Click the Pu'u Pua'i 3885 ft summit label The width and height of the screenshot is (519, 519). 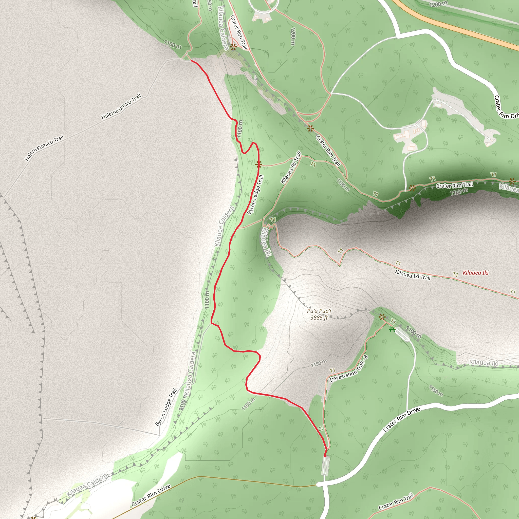click(319, 314)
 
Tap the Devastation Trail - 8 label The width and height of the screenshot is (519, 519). click(349, 368)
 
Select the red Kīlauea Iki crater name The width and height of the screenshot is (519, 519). click(475, 273)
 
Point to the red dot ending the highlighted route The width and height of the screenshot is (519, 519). click(325, 456)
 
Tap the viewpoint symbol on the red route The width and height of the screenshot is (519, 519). click(258, 164)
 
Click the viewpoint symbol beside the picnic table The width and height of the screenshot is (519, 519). click(382, 317)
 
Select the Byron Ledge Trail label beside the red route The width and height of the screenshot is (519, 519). click(255, 195)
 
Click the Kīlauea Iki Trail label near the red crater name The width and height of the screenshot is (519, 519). click(413, 275)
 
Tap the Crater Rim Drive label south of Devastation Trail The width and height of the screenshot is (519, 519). click(401, 420)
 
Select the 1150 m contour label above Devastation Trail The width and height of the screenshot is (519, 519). click(319, 363)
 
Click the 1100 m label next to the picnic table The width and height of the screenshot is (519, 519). click(413, 332)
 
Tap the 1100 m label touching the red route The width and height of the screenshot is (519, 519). click(240, 128)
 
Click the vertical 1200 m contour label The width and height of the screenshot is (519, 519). click(293, 36)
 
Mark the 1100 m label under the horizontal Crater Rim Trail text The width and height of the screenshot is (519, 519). click(459, 192)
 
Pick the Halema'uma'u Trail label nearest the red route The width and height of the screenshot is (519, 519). click(121, 107)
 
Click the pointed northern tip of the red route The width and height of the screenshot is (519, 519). click(191, 61)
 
